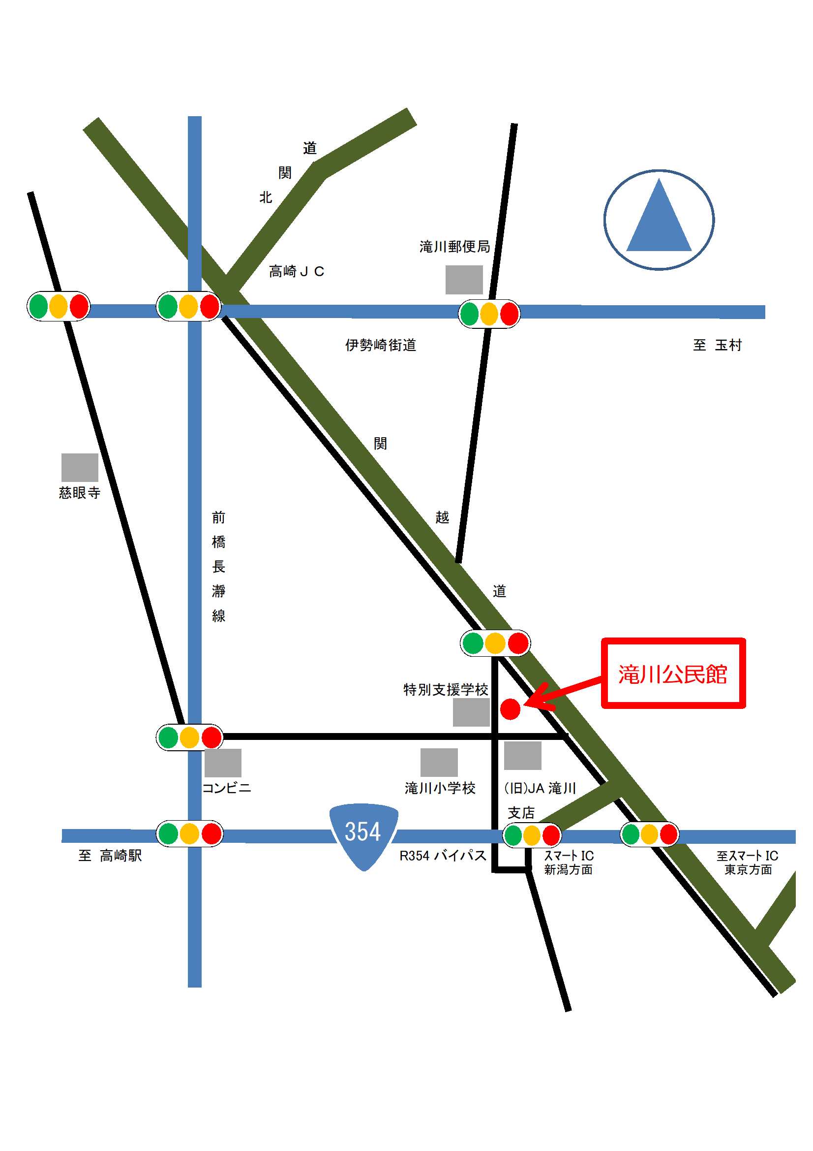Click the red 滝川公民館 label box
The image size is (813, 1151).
[673, 673]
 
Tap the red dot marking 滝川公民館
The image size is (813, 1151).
[510, 709]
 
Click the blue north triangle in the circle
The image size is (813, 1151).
[659, 221]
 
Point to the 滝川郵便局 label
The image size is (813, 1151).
[454, 247]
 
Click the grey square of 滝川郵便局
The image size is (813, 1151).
[464, 280]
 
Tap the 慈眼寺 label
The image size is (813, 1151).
[80, 493]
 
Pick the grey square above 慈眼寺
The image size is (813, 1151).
[80, 467]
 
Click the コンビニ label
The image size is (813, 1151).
[226, 788]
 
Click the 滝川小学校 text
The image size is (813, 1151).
[440, 788]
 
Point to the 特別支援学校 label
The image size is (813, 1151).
[445, 690]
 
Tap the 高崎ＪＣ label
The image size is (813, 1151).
[297, 272]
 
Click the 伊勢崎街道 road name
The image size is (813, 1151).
[381, 345]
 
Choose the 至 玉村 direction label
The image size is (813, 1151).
[717, 345]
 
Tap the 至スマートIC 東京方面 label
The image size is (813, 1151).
[747, 862]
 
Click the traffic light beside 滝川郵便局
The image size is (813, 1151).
[489, 314]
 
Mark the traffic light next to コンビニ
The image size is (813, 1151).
[189, 737]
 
